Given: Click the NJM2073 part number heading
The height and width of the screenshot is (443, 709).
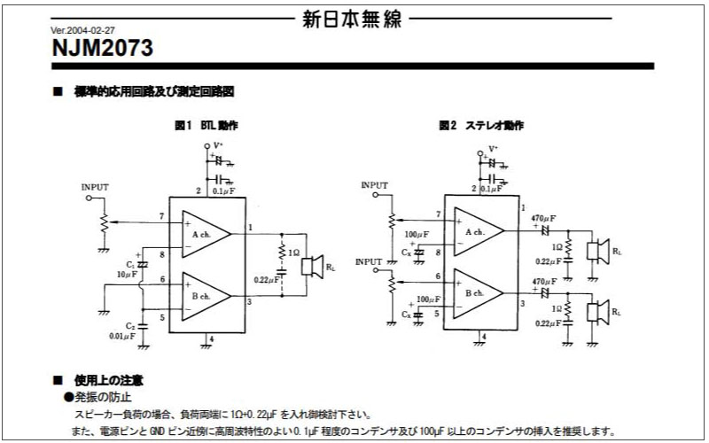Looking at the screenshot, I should pos(103,49).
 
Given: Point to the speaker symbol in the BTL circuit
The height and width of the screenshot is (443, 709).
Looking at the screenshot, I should pos(311,265).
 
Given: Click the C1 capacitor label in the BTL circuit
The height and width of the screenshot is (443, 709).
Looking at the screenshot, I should pos(130,264).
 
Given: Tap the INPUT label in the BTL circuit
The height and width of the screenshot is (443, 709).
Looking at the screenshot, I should pos(95,188).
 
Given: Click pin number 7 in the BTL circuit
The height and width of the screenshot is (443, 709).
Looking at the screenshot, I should pos(161,216).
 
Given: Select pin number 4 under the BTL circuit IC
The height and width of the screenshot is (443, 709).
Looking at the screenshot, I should pos(210,339).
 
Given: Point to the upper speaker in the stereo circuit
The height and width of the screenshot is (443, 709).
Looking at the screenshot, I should pos(603,249).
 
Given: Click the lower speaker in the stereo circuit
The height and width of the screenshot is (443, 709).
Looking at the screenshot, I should pos(603,312).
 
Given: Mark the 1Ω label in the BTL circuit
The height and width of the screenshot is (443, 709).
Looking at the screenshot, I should pos(294,253).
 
